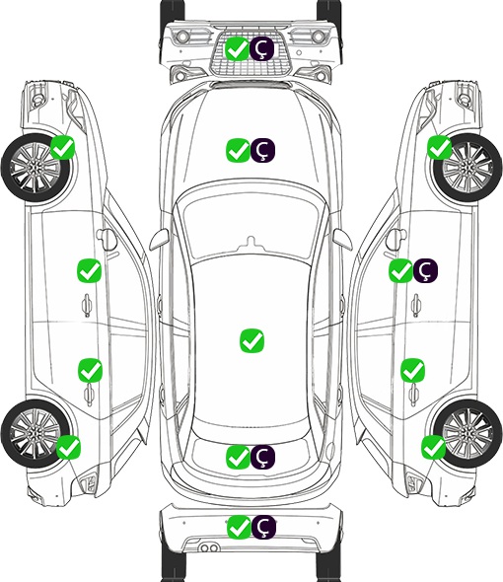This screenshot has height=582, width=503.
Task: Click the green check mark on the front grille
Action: [x=237, y=48]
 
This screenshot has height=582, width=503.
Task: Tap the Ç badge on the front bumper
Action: [x=261, y=48]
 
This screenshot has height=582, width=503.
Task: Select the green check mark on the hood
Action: [x=238, y=150]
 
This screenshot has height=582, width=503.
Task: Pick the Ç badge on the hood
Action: [x=262, y=150]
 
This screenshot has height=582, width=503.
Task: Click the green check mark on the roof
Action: [x=252, y=340]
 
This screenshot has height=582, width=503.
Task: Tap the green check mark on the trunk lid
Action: [x=238, y=457]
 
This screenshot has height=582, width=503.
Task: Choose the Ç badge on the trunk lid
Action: [x=262, y=457]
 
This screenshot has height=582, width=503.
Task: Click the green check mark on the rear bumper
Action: [x=239, y=527]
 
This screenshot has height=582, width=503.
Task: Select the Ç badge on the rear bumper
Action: [x=264, y=527]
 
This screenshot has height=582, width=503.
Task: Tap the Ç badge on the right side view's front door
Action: [x=426, y=270]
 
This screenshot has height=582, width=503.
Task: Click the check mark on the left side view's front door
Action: [x=89, y=270]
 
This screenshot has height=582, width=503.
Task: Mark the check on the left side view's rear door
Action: [x=90, y=370]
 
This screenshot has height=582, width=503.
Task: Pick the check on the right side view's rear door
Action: [x=412, y=370]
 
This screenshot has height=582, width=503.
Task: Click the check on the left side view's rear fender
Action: [x=68, y=447]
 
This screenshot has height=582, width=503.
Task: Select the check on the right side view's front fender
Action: [x=440, y=147]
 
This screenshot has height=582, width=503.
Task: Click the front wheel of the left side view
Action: [x=36, y=168]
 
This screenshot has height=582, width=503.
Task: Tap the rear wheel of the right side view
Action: [x=467, y=433]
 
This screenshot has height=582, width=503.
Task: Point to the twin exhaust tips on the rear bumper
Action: [x=209, y=548]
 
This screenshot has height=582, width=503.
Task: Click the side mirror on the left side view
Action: [x=107, y=240]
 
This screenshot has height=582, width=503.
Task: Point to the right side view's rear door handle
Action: [x=414, y=395]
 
